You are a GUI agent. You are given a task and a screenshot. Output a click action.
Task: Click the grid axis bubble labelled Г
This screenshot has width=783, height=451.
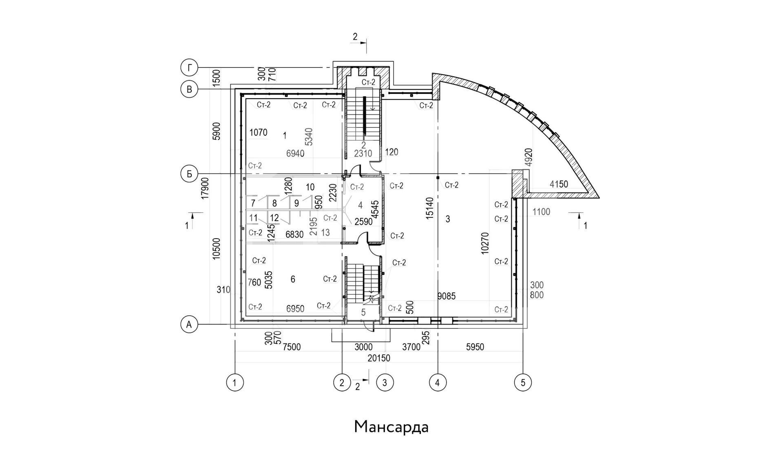click(189, 68)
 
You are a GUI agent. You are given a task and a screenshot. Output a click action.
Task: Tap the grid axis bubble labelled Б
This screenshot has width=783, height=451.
click(189, 174)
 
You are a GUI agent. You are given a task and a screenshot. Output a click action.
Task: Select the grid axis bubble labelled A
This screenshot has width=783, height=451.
click(189, 325)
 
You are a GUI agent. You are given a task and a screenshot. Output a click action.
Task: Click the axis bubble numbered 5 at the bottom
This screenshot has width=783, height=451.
click(523, 382)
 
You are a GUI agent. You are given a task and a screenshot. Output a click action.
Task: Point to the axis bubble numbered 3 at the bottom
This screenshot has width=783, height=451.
click(385, 382)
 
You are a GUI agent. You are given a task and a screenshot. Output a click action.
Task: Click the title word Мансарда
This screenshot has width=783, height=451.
click(391, 427)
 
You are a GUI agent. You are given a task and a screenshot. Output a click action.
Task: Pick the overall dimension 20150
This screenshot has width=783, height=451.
click(379, 358)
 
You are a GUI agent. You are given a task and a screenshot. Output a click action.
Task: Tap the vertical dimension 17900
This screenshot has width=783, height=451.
click(205, 188)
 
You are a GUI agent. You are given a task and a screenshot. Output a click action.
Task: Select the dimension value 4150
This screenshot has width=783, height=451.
click(559, 184)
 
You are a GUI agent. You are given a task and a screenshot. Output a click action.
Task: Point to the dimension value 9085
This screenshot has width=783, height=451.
click(446, 296)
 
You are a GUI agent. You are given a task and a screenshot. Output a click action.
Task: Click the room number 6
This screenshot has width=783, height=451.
click(293, 279)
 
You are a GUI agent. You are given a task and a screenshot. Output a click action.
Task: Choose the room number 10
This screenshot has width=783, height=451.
click(310, 187)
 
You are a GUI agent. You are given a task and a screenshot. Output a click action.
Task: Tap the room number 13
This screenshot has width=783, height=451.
click(325, 232)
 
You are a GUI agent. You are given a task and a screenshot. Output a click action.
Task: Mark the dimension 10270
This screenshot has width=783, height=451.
click(485, 243)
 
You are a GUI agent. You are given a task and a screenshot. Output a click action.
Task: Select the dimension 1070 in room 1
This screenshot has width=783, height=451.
click(258, 133)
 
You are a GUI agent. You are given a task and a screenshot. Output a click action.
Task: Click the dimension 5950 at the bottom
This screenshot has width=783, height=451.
click(475, 347)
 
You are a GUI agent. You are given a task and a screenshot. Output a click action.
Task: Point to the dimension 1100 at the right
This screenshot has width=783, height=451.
click(541, 212)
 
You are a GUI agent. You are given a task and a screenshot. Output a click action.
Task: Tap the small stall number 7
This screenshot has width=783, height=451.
click(253, 203)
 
